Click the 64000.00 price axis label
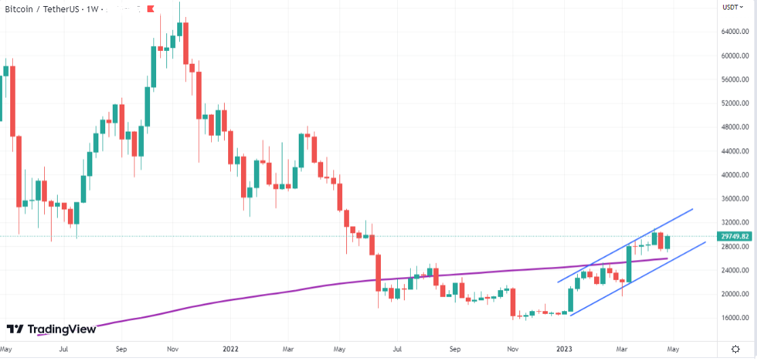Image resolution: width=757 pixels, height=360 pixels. (x=735, y=31)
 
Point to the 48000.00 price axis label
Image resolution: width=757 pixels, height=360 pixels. (x=735, y=127)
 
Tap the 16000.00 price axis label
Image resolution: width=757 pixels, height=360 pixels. (x=735, y=318)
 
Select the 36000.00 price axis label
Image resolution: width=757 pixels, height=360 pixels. (x=735, y=199)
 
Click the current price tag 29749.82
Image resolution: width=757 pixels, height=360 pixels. (x=736, y=236)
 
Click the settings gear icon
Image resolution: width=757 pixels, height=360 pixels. (x=735, y=349)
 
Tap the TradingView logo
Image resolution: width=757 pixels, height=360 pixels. (x=51, y=329)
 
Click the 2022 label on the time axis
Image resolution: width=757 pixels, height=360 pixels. (x=230, y=349)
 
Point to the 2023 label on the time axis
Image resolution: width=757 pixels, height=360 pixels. (x=565, y=349)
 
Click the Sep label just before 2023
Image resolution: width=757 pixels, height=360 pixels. (x=455, y=349)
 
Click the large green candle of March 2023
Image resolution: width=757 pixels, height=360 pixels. (x=629, y=264)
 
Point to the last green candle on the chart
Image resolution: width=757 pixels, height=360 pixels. (x=667, y=242)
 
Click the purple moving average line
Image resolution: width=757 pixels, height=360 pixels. (x=272, y=293)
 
